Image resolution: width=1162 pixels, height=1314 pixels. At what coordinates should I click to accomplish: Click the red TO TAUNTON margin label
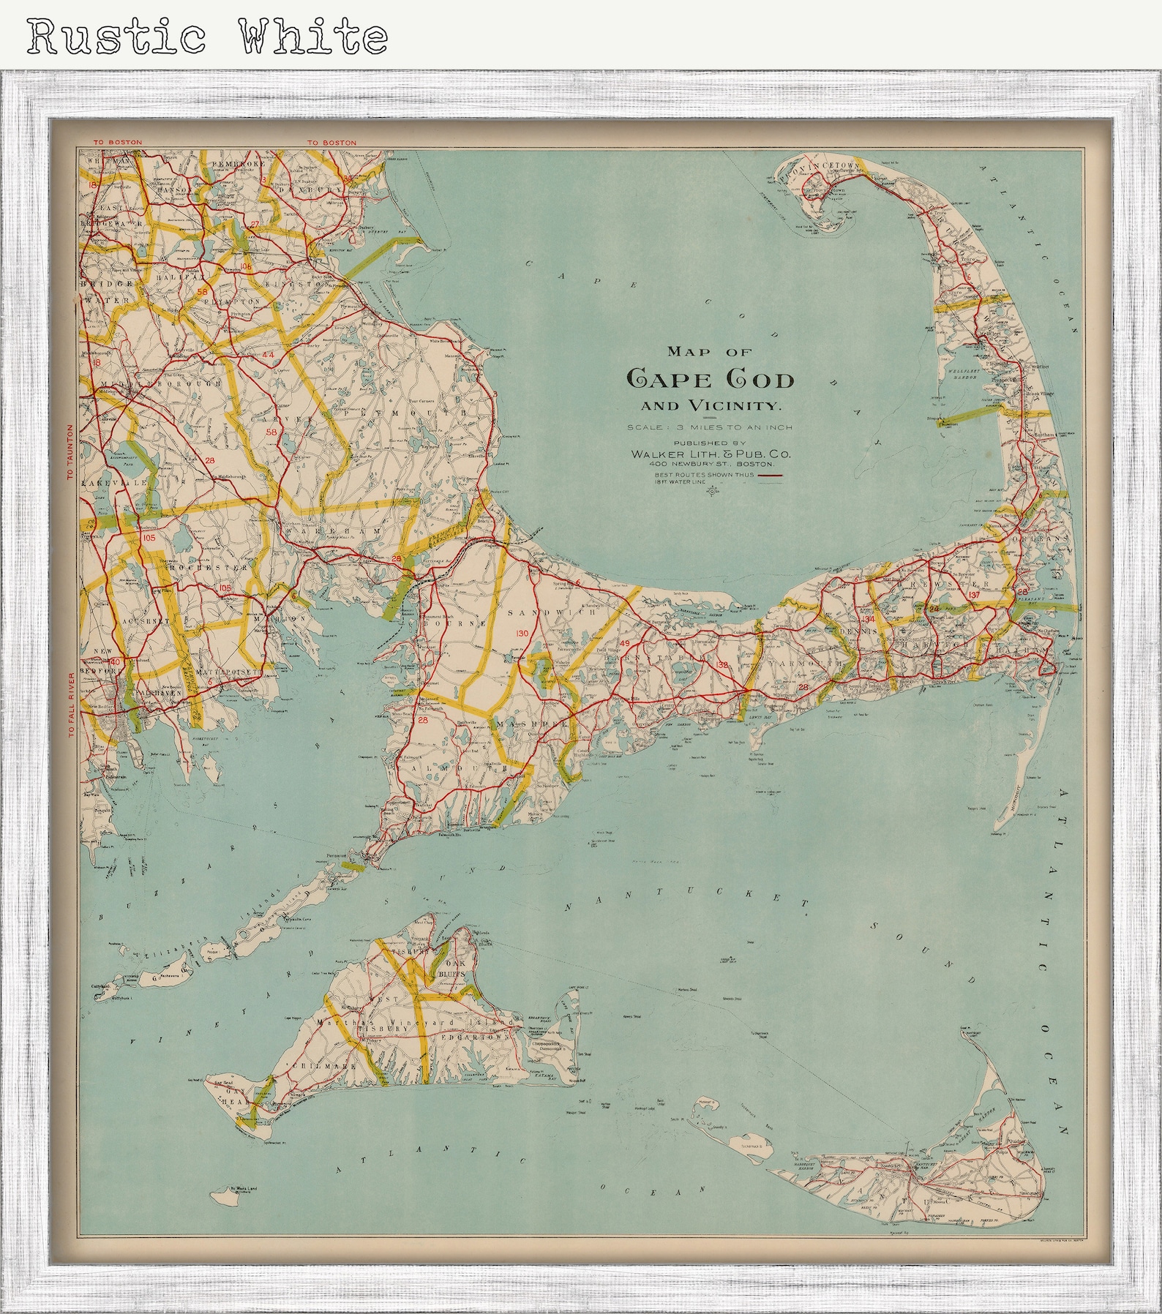click(70, 452)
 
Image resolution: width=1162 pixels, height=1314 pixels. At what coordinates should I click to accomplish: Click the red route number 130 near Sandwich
click(522, 634)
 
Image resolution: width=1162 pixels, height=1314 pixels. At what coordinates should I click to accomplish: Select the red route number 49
click(624, 643)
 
